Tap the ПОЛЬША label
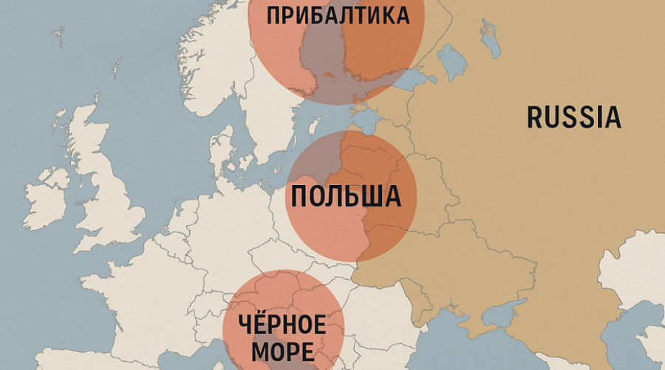click(346, 197)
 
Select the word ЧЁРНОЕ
click(283, 324)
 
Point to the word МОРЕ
click(283, 351)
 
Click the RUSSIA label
click(573, 118)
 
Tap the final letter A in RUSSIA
click(612, 118)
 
